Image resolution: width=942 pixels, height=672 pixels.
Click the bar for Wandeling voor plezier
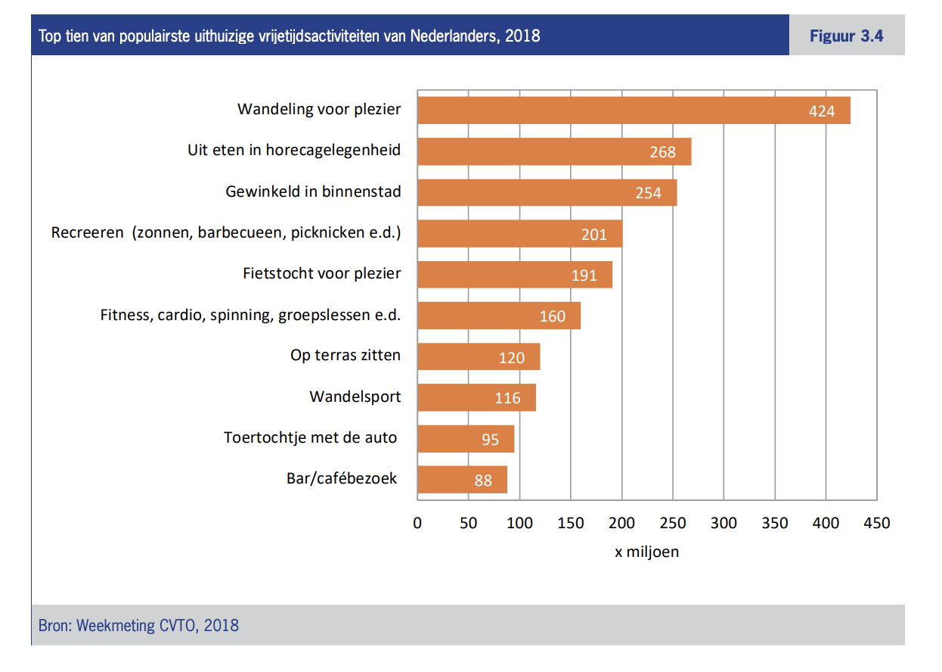click(634, 110)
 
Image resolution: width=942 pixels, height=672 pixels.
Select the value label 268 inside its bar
click(662, 152)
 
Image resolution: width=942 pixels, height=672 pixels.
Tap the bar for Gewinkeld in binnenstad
click(547, 193)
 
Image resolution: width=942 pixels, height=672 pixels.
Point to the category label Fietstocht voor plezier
click(321, 273)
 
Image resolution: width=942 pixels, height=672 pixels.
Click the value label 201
click(594, 235)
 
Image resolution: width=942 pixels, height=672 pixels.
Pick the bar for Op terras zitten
click(479, 357)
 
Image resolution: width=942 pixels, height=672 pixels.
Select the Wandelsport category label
click(355, 397)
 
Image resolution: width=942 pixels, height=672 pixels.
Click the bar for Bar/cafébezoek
click(462, 480)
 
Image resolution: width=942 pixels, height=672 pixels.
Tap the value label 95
click(490, 440)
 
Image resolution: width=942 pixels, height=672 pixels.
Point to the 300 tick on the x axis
click(724, 523)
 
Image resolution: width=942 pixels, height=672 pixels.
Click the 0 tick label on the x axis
click(417, 523)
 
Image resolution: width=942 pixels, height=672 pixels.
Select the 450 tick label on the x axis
click(877, 523)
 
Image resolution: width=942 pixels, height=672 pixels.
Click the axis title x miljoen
click(646, 552)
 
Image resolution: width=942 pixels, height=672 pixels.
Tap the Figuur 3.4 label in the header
click(846, 36)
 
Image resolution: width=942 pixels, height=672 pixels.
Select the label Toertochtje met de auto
click(310, 437)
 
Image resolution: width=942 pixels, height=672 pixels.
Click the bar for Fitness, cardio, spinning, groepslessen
click(499, 316)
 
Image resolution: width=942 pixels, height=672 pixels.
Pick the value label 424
click(821, 111)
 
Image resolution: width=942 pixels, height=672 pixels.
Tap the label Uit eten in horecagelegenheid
click(294, 150)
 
